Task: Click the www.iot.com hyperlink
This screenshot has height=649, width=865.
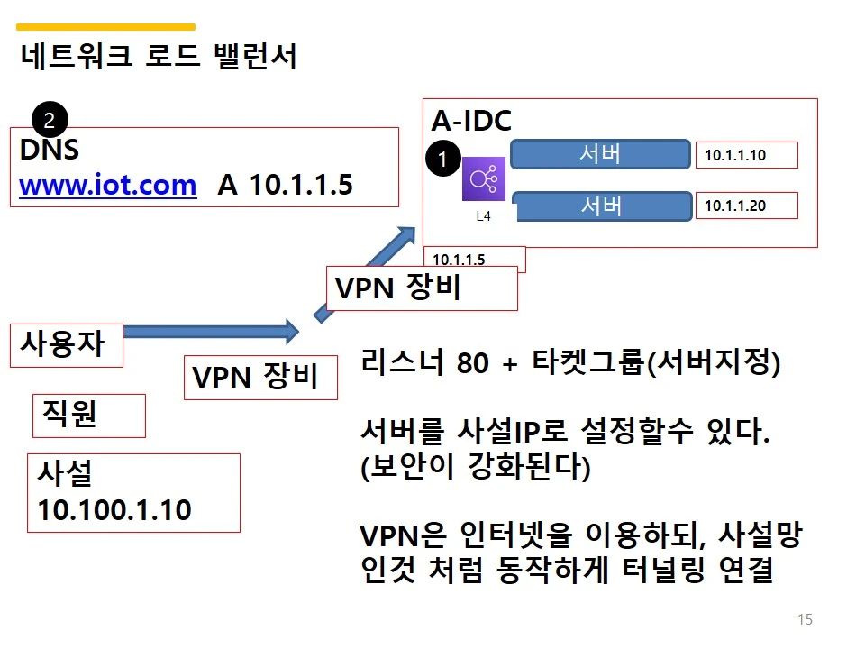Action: pos(107,186)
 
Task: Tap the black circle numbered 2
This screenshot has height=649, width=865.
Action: pos(50,119)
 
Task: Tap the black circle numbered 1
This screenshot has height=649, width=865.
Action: pos(442,159)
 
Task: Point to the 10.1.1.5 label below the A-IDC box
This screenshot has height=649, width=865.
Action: pos(459,260)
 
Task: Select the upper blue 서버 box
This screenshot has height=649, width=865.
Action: pos(600,154)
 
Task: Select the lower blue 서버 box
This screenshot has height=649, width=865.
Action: pos(600,206)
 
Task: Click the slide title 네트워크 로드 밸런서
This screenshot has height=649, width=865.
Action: pos(158,58)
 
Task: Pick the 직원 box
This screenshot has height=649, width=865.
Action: pos(88,414)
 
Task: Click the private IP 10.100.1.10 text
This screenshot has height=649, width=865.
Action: pos(114,510)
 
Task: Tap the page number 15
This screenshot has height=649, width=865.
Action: pos(805,619)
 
